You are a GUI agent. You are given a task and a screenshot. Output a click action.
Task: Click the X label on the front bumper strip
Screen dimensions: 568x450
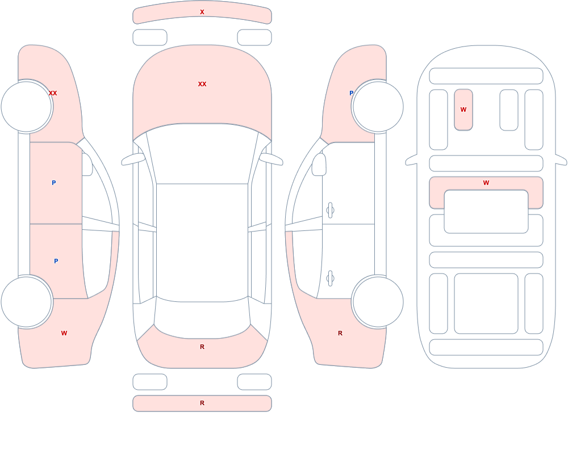coord(202,12)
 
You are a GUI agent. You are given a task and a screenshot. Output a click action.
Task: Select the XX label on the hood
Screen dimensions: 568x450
coord(202,84)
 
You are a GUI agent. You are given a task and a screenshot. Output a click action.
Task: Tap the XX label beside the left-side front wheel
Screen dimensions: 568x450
coord(53,93)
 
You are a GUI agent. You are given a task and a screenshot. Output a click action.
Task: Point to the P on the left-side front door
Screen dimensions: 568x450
coord(53,183)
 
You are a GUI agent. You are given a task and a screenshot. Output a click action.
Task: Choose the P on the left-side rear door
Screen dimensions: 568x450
coord(56,261)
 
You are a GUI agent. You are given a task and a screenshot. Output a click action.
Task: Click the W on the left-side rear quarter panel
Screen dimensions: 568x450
coord(64,333)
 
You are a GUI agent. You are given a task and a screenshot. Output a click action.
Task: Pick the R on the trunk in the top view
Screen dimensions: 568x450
coord(202,347)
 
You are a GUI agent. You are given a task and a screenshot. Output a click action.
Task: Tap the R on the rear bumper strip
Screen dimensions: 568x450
coord(202,403)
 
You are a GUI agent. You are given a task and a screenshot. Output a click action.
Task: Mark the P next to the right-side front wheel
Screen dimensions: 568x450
coord(351,93)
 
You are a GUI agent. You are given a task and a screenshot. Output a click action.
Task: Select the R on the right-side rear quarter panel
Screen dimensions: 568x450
coord(340,333)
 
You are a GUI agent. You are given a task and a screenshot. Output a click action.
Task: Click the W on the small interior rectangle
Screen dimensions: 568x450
coord(463,110)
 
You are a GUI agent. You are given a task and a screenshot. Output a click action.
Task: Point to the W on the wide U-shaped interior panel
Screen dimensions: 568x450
coord(486,183)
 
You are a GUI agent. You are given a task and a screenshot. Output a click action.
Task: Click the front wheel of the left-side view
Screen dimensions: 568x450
coord(27,107)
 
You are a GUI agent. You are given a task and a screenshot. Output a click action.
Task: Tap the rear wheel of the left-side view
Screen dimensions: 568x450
coord(27,301)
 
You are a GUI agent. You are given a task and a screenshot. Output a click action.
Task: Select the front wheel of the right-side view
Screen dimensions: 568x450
coord(378,107)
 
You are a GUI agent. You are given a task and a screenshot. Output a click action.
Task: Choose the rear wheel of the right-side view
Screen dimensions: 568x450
coord(378,301)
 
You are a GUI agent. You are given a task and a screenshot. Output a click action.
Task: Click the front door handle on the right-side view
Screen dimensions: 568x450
coord(330,211)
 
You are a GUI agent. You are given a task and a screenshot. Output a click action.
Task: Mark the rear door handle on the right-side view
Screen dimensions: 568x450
coord(330,279)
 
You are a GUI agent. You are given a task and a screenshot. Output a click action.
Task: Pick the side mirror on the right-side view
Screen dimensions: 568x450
coord(319,165)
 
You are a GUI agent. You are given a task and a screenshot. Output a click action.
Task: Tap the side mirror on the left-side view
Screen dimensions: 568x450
coord(87,165)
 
